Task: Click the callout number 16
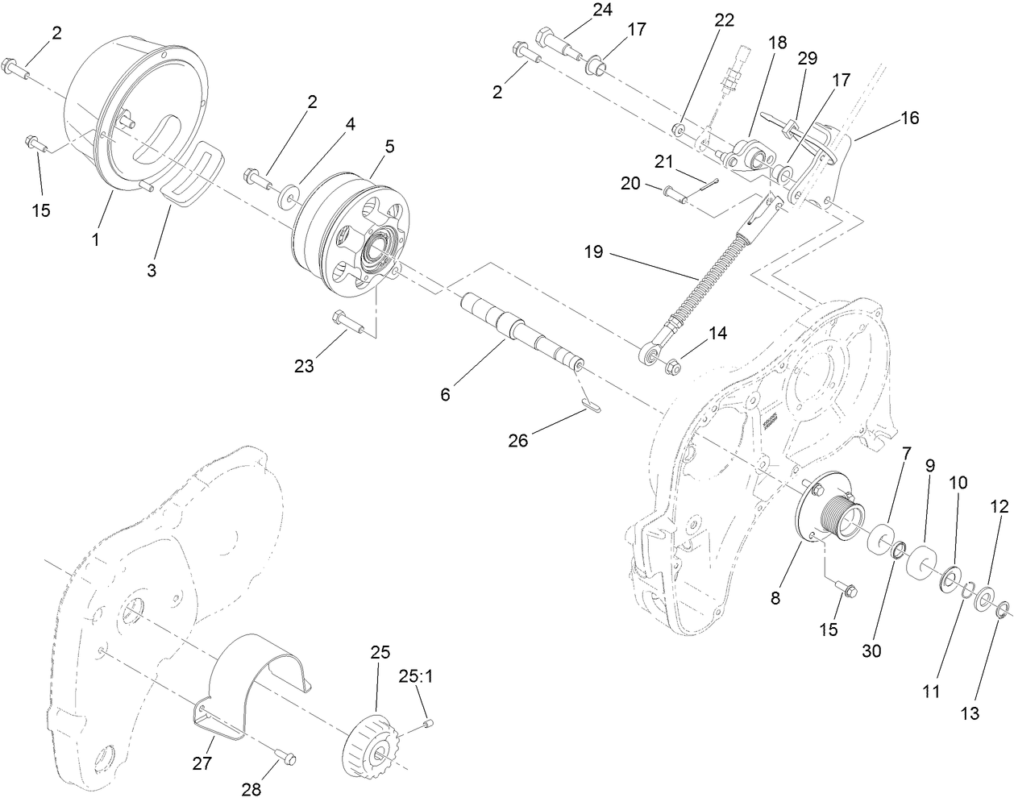point(909,118)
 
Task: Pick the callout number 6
point(446,394)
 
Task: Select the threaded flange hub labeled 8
point(830,516)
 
